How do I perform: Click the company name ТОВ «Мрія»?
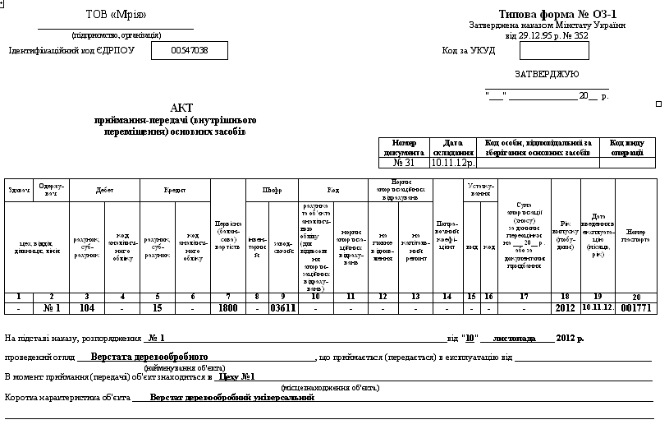(116, 16)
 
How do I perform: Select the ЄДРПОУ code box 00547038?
(190, 51)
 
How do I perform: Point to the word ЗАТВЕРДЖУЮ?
(546, 74)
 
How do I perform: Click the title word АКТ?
(181, 108)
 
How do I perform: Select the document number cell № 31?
(404, 163)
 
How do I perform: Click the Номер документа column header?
(404, 147)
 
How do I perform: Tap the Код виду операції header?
(627, 147)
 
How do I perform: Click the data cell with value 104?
(87, 308)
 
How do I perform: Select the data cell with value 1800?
(227, 308)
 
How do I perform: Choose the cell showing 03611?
(282, 308)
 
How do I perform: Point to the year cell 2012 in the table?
(566, 308)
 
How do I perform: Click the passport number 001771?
(636, 308)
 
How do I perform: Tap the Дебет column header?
(104, 190)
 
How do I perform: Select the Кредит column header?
(175, 190)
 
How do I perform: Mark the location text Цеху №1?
(236, 377)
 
